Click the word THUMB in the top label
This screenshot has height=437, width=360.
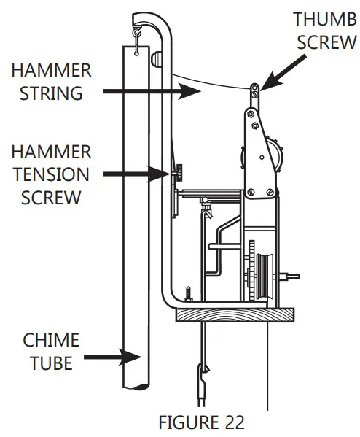click(325, 19)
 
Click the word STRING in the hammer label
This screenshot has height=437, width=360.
click(51, 93)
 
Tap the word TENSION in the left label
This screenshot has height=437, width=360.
click(51, 174)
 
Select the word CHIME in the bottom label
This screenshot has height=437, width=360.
click(51, 340)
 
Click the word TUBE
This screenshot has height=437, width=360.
click(51, 363)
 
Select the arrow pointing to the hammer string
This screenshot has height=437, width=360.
click(152, 91)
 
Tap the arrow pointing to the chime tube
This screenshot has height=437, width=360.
click(112, 357)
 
